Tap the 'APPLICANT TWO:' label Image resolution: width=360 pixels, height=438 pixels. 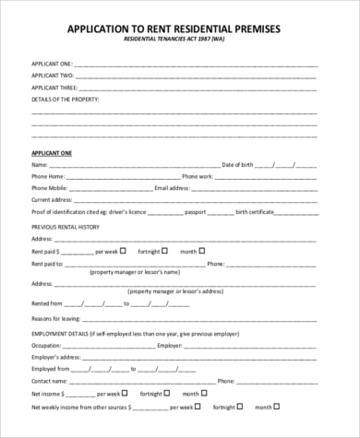(x=53, y=74)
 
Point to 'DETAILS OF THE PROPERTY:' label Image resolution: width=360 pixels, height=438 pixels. (x=66, y=97)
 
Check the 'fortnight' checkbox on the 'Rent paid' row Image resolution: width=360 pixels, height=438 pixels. (x=165, y=249)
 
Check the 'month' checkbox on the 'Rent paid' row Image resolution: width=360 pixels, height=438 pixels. (x=202, y=249)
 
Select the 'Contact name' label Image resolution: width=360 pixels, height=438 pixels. (x=52, y=379)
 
